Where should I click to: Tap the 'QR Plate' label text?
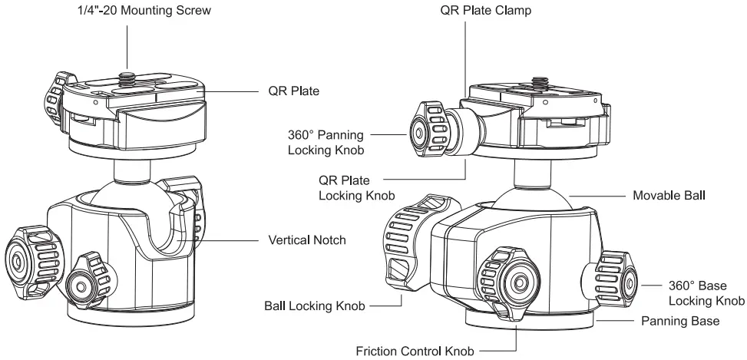(x=293, y=91)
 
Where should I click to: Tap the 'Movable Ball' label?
(x=668, y=196)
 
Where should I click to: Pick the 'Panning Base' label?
(x=680, y=322)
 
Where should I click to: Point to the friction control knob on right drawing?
(x=508, y=282)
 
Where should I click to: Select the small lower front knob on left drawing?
(x=84, y=284)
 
